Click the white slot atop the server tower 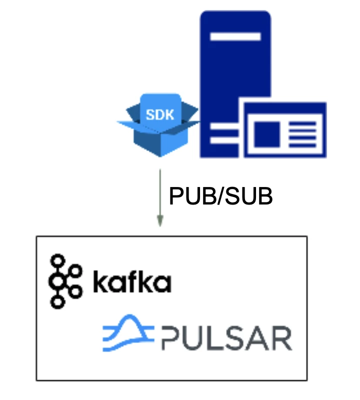235,36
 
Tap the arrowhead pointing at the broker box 159,221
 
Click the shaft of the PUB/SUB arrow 159,192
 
